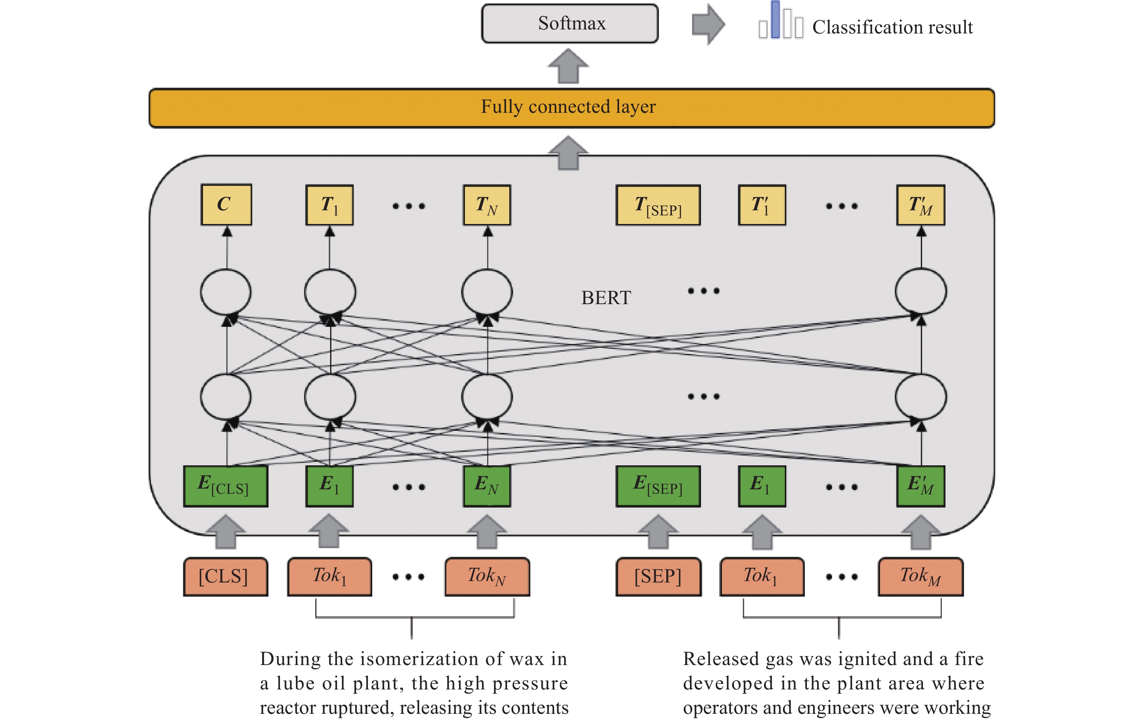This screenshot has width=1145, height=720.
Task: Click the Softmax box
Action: tap(570, 24)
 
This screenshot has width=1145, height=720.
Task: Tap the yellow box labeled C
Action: tap(226, 204)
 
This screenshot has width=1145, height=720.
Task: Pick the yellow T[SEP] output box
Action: tap(658, 205)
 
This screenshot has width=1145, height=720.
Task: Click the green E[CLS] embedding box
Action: tap(225, 486)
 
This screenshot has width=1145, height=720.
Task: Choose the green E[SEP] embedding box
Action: tap(658, 486)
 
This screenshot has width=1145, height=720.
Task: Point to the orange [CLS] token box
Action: tap(225, 576)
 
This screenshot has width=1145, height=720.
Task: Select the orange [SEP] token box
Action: tap(658, 576)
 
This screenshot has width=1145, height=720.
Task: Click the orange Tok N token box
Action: tap(487, 576)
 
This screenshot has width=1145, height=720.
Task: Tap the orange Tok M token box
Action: tap(921, 576)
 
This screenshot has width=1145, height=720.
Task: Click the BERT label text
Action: tap(606, 298)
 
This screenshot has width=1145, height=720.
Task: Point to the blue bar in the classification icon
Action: tap(776, 20)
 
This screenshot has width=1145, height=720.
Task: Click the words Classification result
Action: tap(892, 27)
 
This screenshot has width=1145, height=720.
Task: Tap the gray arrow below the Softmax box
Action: tap(568, 66)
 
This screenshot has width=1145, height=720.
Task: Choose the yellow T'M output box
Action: tap(921, 205)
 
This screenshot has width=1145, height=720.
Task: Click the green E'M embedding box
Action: tap(921, 486)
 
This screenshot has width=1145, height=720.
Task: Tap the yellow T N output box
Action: tap(487, 205)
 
